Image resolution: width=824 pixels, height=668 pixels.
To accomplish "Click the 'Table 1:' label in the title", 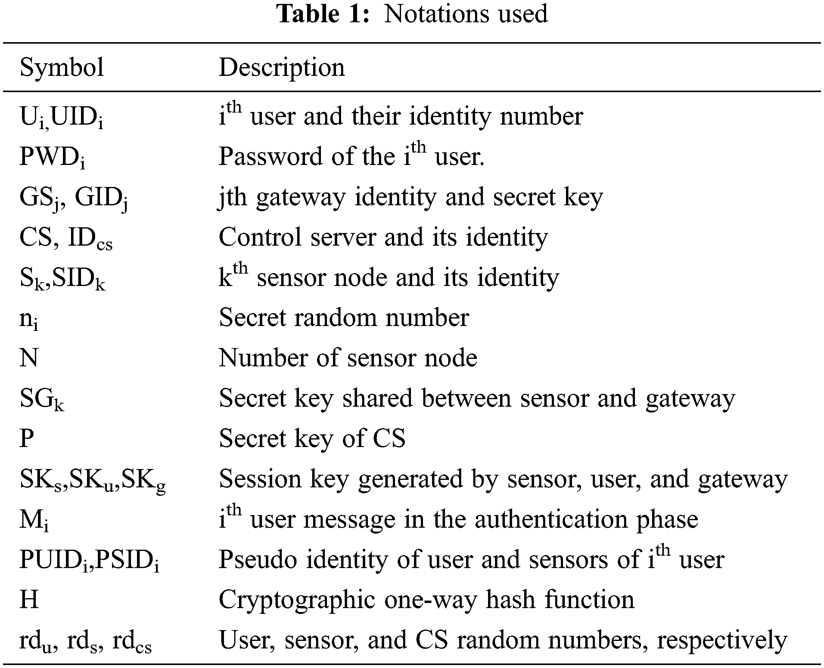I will [323, 14].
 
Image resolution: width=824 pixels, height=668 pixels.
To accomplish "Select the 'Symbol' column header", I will [62, 67].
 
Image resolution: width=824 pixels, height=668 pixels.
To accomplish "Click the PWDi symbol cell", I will [52, 157].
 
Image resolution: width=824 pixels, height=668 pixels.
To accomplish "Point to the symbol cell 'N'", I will [29, 358].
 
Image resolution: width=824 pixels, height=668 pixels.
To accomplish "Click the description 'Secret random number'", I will [344, 318].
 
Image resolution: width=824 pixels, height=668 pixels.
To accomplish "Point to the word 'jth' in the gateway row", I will [232, 197].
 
